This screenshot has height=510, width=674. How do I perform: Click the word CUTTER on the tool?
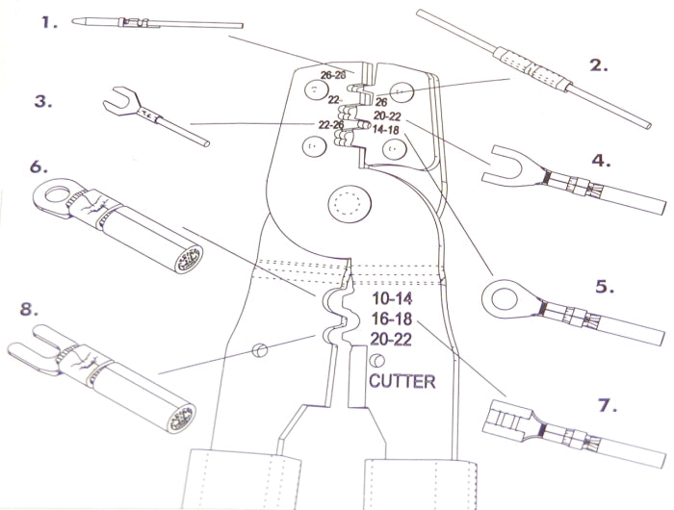tap(402, 381)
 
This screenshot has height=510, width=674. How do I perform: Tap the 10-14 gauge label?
tap(391, 299)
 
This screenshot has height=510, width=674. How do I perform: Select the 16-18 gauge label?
tap(391, 319)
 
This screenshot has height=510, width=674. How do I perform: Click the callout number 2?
tap(599, 65)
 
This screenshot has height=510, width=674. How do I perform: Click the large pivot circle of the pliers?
tap(348, 205)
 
